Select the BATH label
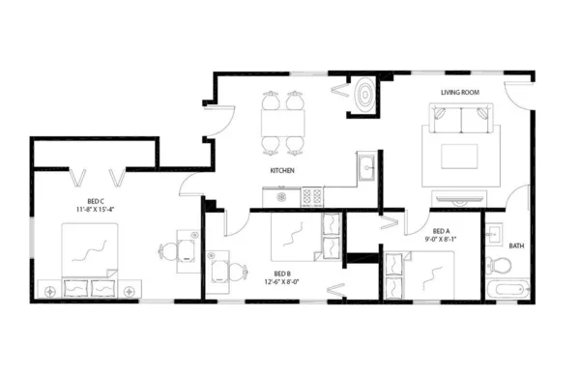(516, 245)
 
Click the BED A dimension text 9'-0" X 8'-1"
(441, 238)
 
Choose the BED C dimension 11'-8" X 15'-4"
(95, 208)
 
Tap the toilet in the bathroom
(496, 265)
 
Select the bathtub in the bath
(507, 289)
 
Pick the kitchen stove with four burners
(312, 196)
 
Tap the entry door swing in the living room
(516, 94)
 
